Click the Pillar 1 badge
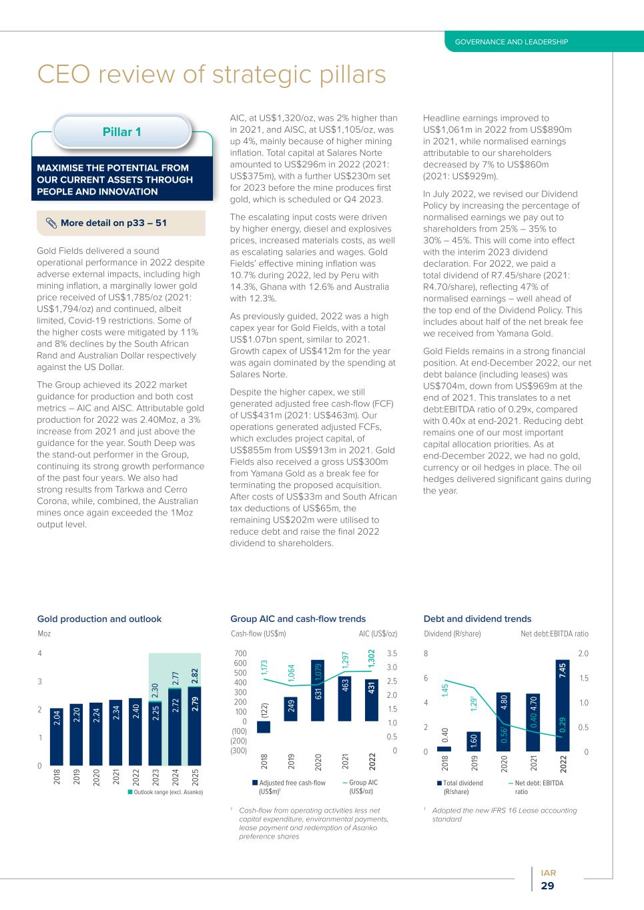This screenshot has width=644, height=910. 121,132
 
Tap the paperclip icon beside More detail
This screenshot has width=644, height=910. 51,223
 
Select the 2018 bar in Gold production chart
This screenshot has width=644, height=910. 57,737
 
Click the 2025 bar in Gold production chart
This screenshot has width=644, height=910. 195,727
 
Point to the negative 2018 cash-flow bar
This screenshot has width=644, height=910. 264,727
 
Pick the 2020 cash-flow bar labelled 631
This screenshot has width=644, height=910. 318,691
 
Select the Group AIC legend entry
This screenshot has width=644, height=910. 360,787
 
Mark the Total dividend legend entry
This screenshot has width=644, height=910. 460,787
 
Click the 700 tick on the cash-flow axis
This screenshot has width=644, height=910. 240,653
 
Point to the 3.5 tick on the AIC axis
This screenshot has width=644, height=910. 392,653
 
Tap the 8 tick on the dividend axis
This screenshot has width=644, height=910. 426,653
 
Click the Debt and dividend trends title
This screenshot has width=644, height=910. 477,619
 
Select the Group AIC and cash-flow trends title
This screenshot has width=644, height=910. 298,619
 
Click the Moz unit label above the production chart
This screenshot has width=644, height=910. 44,634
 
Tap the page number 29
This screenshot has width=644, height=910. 547,886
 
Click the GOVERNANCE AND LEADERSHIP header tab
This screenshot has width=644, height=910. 511,42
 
